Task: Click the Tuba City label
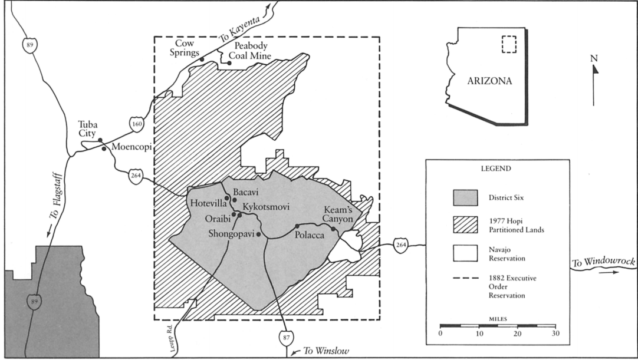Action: click(x=88, y=128)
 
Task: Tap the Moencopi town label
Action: click(x=129, y=148)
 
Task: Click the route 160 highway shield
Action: click(x=136, y=124)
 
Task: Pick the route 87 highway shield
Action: click(x=285, y=337)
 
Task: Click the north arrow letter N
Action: click(x=594, y=58)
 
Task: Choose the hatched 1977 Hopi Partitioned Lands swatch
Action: click(x=465, y=226)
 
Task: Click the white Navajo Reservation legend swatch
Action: click(x=465, y=254)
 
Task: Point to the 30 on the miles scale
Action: click(x=554, y=334)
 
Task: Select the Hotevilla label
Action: click(x=208, y=203)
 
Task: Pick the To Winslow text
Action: click(x=326, y=351)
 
